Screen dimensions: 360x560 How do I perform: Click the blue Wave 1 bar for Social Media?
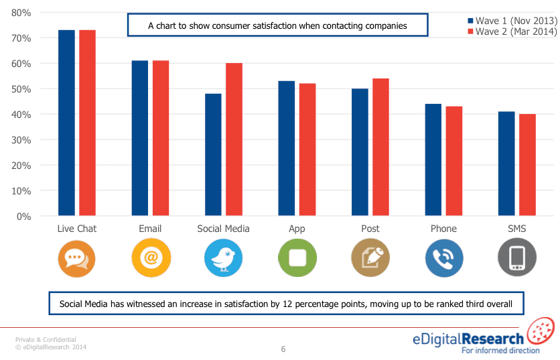click(213, 155)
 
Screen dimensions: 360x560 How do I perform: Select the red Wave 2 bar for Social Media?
click(234, 139)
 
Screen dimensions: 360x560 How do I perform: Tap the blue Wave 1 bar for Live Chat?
click(66, 123)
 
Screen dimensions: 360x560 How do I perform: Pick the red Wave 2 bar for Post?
click(380, 147)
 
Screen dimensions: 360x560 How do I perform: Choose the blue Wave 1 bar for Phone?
click(433, 160)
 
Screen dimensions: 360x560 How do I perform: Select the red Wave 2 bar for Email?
click(161, 138)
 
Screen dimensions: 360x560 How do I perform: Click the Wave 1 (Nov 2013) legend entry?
click(512, 20)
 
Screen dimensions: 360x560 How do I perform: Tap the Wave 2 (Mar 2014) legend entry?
click(512, 32)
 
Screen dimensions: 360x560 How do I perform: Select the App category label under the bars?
click(297, 229)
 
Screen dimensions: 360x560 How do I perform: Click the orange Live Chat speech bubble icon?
click(76, 257)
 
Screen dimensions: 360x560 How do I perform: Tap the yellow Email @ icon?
click(150, 257)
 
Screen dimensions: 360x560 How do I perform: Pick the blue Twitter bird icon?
click(223, 257)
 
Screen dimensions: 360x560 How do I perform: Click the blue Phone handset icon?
click(443, 257)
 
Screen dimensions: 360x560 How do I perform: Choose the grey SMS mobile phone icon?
click(516, 257)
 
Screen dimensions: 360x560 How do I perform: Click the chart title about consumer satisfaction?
click(277, 26)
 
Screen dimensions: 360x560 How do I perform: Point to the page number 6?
click(283, 349)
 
